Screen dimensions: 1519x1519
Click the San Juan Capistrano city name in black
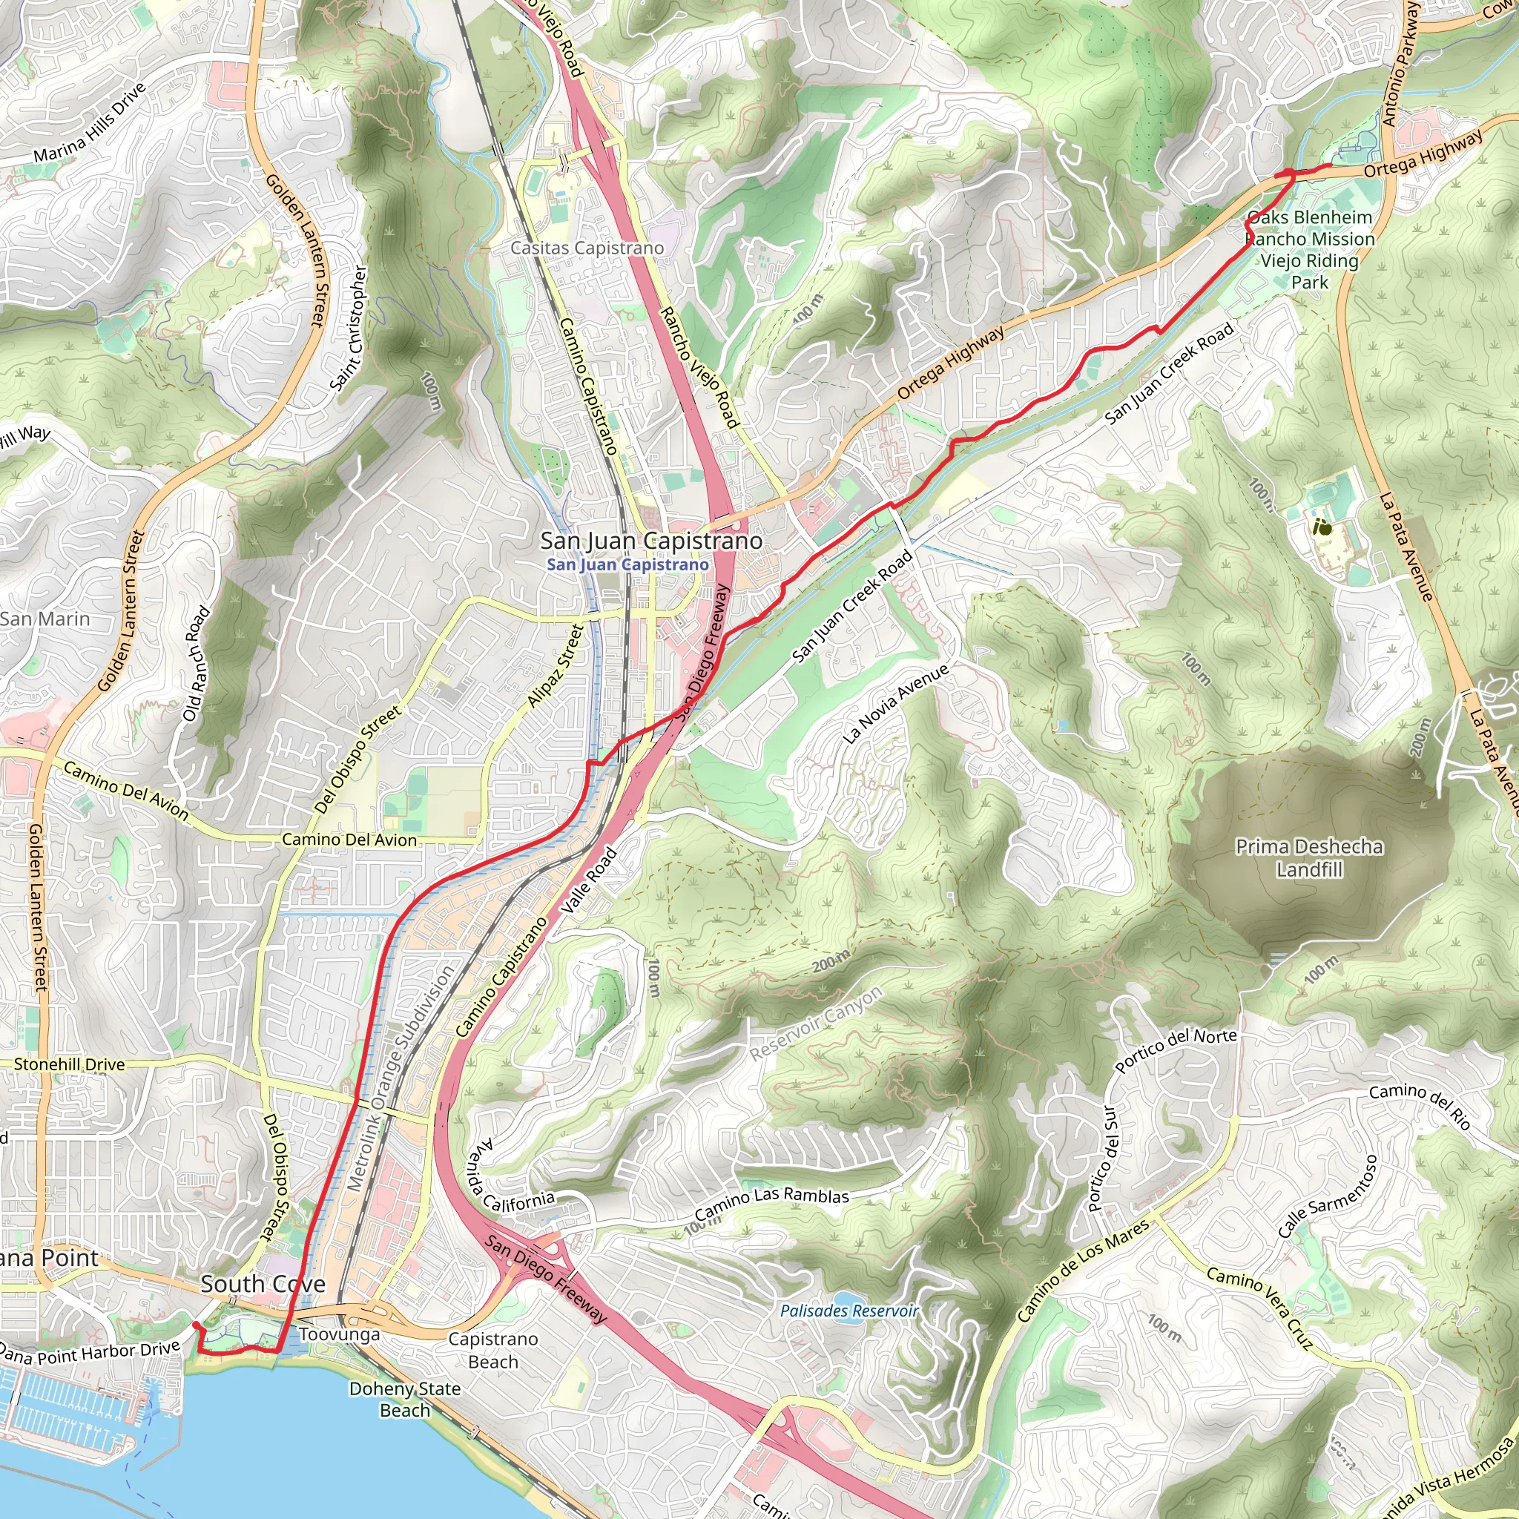(651, 541)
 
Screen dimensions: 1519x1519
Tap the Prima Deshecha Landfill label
(1309, 858)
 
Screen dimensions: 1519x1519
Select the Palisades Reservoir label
(849, 1311)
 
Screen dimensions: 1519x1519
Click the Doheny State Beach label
(405, 1399)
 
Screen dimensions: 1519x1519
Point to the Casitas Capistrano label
(587, 248)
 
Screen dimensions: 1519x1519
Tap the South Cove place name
(263, 1284)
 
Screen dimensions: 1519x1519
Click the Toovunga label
(340, 1334)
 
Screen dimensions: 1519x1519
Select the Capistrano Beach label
(493, 1350)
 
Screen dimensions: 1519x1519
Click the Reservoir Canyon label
(816, 1024)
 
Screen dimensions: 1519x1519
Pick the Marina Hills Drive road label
(90, 122)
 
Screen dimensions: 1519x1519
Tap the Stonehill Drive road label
(69, 1064)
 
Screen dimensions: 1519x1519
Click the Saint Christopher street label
(349, 328)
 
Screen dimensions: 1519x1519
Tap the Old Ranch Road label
(197, 664)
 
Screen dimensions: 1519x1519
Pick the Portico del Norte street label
(1176, 1050)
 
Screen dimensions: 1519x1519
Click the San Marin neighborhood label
(45, 619)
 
